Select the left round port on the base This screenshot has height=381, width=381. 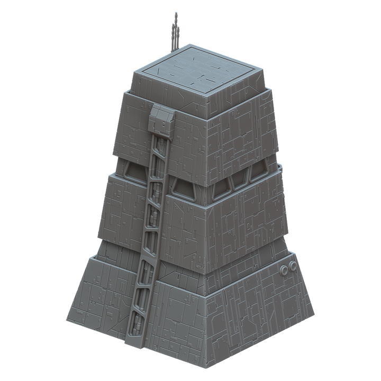point(284,269)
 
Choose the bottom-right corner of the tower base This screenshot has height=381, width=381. point(313,316)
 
